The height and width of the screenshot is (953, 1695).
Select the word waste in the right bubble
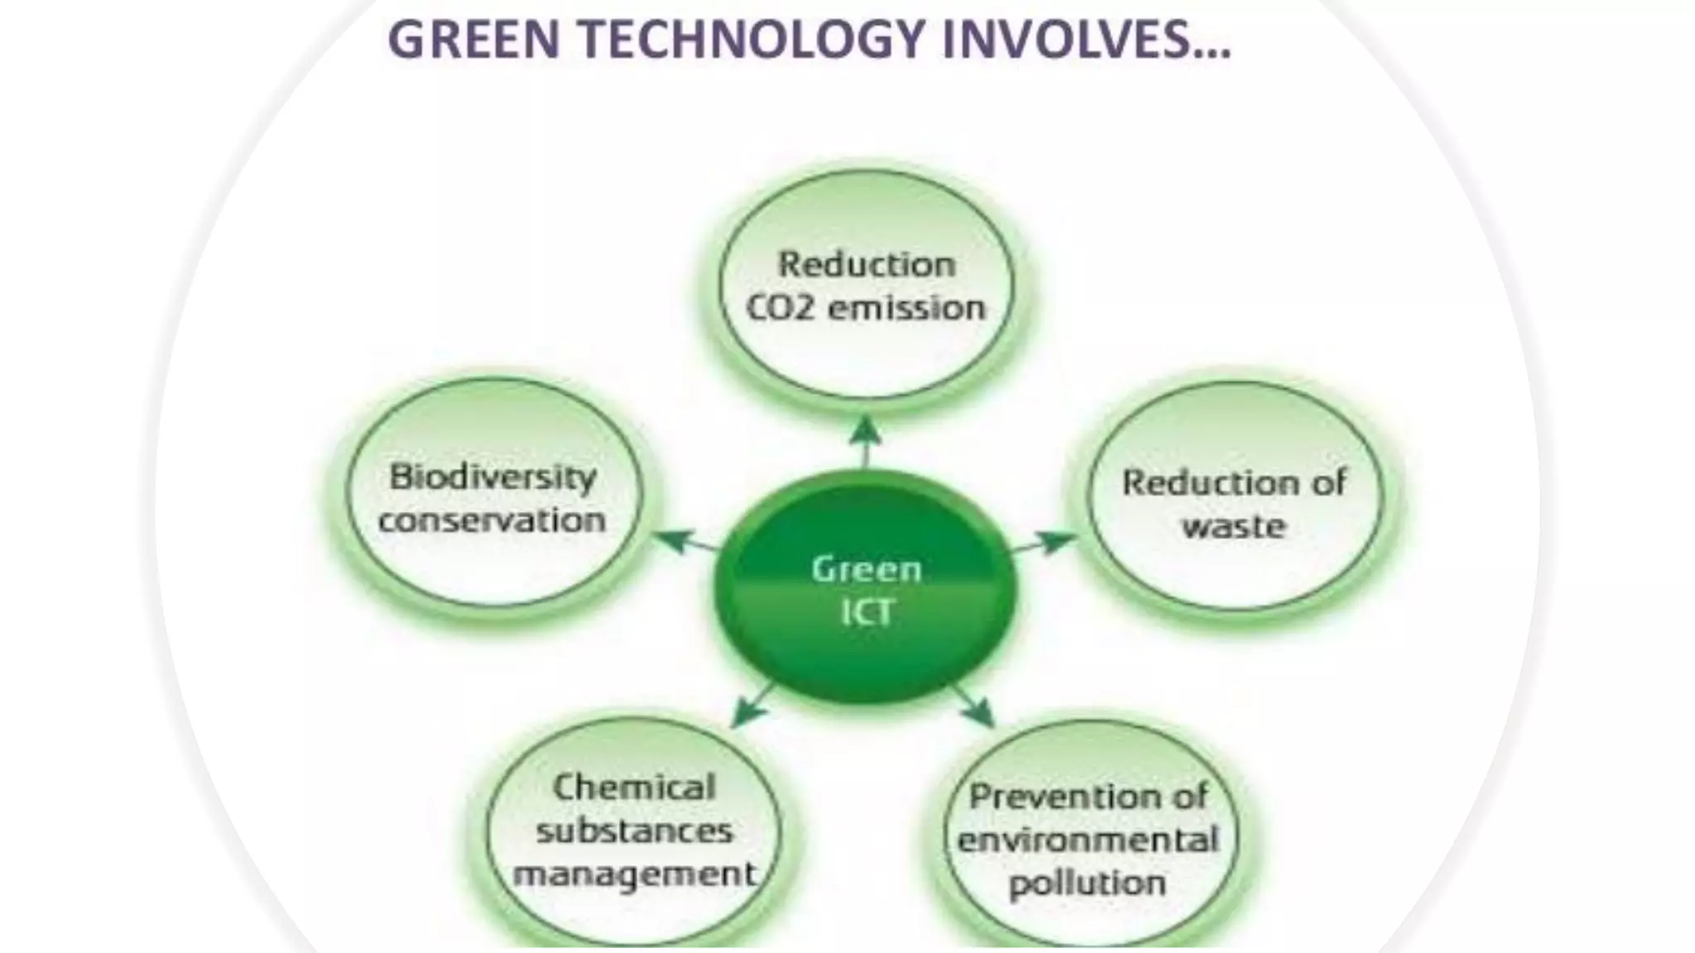point(1233,526)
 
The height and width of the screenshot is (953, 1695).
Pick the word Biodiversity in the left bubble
point(493,477)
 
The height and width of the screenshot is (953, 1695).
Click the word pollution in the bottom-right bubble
point(1088,884)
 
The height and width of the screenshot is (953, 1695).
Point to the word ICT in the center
point(866,612)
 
